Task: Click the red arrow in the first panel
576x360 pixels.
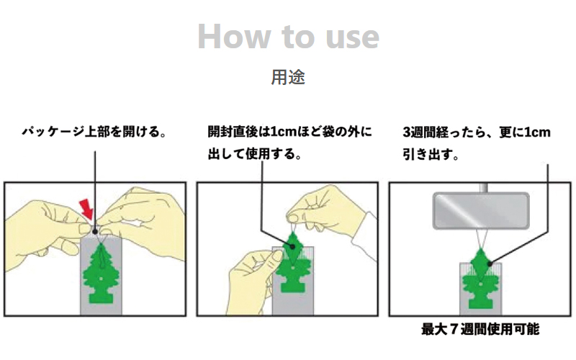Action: click(x=86, y=208)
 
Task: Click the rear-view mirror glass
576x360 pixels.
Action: click(x=481, y=210)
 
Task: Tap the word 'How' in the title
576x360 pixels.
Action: click(x=234, y=37)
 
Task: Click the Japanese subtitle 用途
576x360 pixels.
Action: click(x=288, y=77)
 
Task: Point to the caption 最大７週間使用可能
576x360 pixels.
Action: click(x=480, y=329)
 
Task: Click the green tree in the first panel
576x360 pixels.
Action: click(x=101, y=273)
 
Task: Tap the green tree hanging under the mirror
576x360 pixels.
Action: click(x=480, y=279)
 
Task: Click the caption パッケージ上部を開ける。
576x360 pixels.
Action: click(x=94, y=132)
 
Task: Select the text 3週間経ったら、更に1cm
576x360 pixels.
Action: click(x=477, y=132)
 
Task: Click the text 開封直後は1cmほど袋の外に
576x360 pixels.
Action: click(x=290, y=132)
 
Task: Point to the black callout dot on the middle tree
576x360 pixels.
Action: click(x=292, y=246)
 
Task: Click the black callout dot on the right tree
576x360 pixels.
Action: click(x=490, y=264)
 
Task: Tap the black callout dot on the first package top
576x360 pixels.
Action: click(x=95, y=232)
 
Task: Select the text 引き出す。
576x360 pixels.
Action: click(x=431, y=155)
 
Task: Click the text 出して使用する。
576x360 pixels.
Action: click(x=255, y=154)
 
